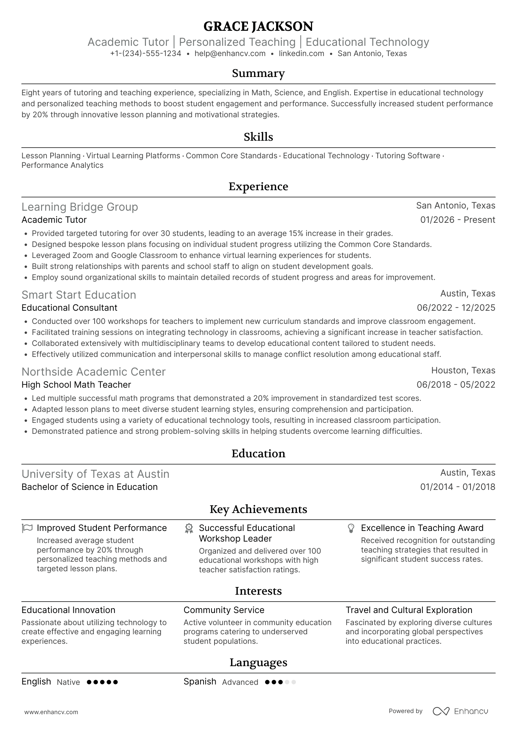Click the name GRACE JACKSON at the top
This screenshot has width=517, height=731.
pyautogui.click(x=258, y=26)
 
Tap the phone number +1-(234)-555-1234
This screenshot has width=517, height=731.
pyautogui.click(x=146, y=53)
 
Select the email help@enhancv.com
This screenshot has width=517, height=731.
pyautogui.click(x=230, y=53)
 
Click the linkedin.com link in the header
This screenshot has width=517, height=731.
pyautogui.click(x=301, y=53)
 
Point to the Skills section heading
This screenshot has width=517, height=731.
pyautogui.click(x=258, y=137)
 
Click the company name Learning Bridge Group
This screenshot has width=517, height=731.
pyautogui.click(x=80, y=207)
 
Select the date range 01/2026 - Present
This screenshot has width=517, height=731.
pyautogui.click(x=457, y=220)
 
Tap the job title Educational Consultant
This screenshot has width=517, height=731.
pyautogui.click(x=69, y=308)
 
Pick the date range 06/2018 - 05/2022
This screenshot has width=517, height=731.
pyautogui.click(x=455, y=385)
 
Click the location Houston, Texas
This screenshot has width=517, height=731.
pyautogui.click(x=463, y=370)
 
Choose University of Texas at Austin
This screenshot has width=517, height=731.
pyautogui.click(x=95, y=474)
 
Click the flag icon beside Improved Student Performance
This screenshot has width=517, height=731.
pyautogui.click(x=27, y=528)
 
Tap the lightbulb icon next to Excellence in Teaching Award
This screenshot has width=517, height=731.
pyautogui.click(x=351, y=528)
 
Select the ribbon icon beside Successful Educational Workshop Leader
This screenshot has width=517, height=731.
pyautogui.click(x=189, y=528)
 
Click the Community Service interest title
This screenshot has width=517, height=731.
pyautogui.click(x=224, y=610)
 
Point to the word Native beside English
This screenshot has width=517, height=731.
pyautogui.click(x=68, y=682)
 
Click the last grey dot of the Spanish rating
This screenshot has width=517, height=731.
pyautogui.click(x=294, y=682)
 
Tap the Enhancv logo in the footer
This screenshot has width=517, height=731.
pyautogui.click(x=460, y=711)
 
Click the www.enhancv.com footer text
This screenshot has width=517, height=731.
pyautogui.click(x=51, y=712)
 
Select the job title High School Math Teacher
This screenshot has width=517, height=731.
pyautogui.click(x=76, y=385)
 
